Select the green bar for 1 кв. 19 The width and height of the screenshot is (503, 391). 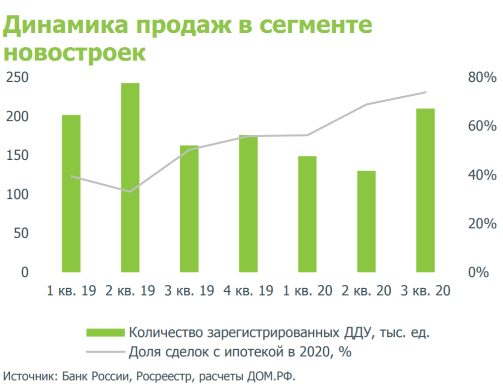coord(71,194)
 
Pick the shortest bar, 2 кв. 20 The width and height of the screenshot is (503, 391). coord(366,221)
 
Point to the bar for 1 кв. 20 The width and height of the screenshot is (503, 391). coord(307,214)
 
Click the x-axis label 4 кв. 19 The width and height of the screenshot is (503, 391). coord(248,291)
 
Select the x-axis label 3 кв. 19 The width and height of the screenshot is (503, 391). coord(189,291)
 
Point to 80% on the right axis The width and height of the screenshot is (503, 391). coord(481,78)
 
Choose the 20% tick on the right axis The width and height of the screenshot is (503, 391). coord(481,224)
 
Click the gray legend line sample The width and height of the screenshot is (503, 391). coord(105,352)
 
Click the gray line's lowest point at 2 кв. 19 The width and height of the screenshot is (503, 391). coord(130,192)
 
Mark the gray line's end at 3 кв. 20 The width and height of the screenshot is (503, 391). coord(426,92)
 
